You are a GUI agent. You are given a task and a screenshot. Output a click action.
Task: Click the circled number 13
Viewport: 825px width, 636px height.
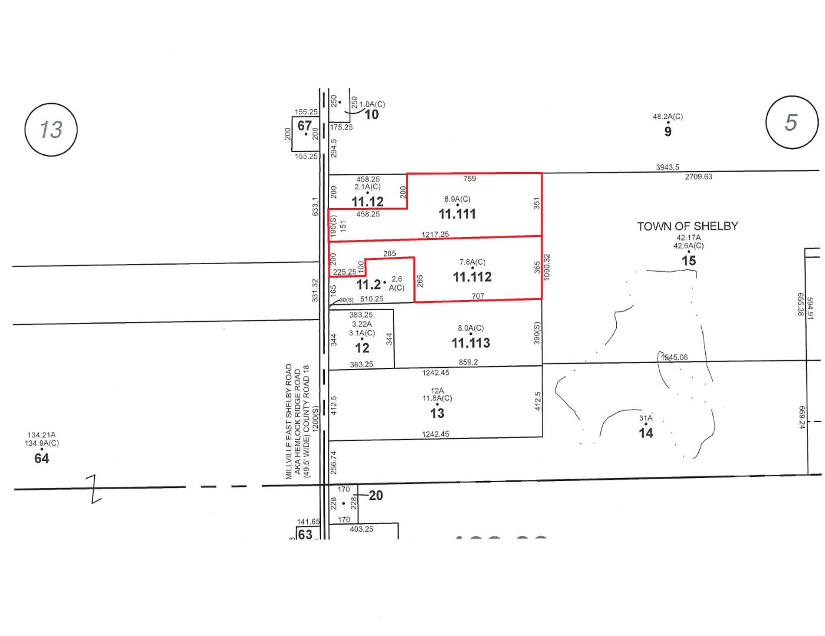tap(51, 129)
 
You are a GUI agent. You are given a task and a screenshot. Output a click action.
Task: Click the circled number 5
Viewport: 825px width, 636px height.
tap(791, 122)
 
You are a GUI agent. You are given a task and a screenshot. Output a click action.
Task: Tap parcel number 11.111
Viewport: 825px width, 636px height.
tap(457, 214)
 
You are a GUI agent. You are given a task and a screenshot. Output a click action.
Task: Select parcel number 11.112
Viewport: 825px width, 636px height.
tap(472, 277)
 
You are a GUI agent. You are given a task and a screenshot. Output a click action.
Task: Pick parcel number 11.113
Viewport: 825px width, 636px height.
tap(471, 343)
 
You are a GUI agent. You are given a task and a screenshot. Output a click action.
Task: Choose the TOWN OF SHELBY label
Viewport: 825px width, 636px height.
tap(687, 226)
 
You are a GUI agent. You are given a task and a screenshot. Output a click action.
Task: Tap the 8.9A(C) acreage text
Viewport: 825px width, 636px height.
tap(457, 199)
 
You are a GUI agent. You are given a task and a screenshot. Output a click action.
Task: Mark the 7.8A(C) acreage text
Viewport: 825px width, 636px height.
tap(472, 262)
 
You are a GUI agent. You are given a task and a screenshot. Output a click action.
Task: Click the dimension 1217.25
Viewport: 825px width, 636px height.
tap(435, 235)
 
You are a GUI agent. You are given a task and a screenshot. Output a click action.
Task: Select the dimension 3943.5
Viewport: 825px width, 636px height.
tap(668, 167)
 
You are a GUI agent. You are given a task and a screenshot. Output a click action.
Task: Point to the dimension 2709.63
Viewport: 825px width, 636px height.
tap(698, 177)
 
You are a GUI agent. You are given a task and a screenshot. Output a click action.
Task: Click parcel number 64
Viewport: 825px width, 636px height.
tap(41, 459)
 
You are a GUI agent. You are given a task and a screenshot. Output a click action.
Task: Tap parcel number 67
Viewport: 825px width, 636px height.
tap(304, 126)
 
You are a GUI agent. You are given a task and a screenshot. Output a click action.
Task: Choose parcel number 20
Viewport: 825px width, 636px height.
tap(376, 496)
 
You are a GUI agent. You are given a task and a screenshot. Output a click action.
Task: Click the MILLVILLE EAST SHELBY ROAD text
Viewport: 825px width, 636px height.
tap(289, 421)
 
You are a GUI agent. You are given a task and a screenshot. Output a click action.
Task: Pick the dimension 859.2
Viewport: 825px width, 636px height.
tap(468, 363)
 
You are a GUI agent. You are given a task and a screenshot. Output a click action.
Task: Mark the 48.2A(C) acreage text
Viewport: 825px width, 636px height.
tap(668, 117)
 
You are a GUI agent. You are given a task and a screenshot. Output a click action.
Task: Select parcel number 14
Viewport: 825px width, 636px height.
tap(646, 433)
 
